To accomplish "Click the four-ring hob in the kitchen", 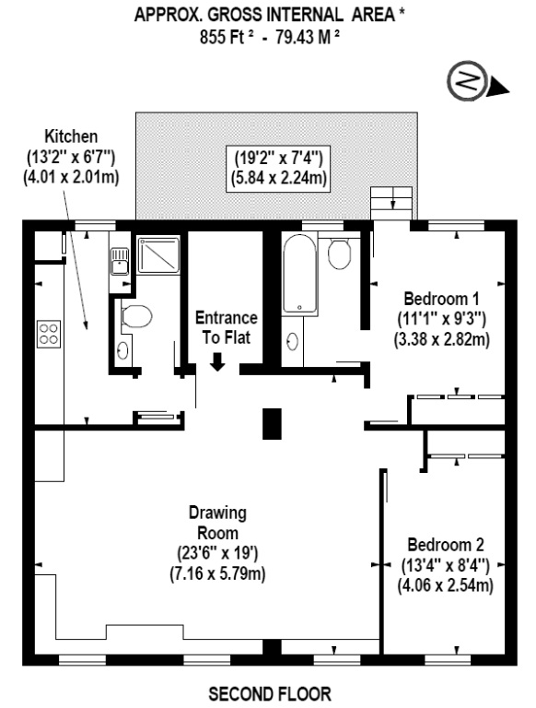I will click(x=49, y=334).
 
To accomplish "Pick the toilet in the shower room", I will click(x=137, y=317).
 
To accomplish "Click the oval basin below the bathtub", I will click(x=294, y=341).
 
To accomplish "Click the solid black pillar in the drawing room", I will click(x=270, y=423).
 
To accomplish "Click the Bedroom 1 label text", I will click(x=441, y=299).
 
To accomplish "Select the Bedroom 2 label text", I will click(x=445, y=543).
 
